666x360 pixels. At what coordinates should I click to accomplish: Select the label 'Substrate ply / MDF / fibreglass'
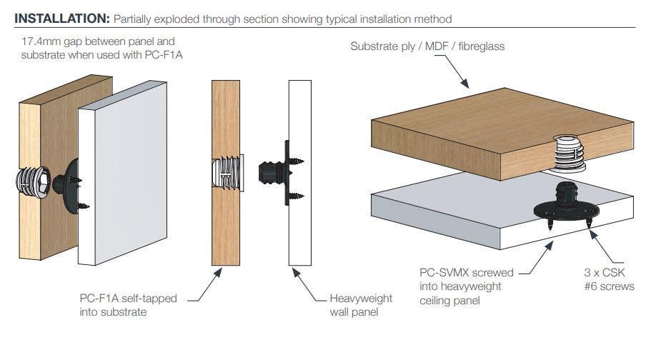tap(427, 46)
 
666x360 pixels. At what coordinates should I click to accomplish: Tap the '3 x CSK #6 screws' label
tap(608, 279)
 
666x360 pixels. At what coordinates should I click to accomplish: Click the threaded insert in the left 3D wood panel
tap(32, 184)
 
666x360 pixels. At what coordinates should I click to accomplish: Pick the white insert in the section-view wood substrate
tap(228, 174)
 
